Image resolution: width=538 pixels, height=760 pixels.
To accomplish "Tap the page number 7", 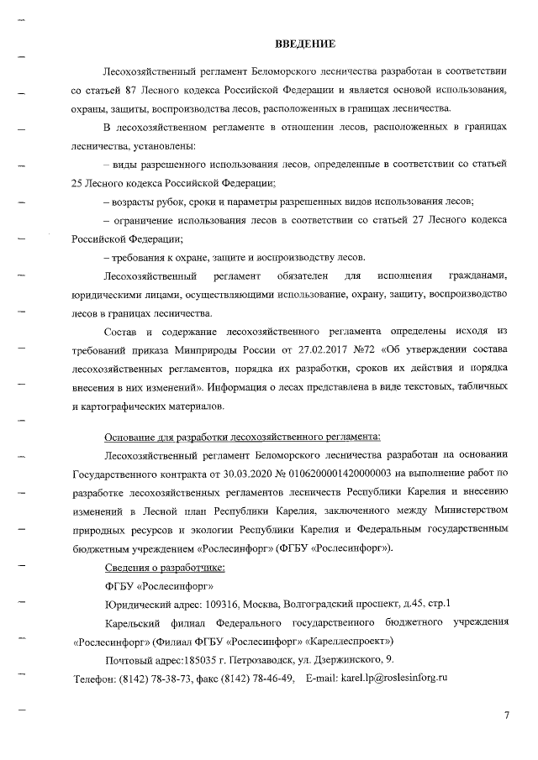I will pyautogui.click(x=506, y=715).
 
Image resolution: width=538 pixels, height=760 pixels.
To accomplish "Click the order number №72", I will pyautogui.click(x=373, y=351).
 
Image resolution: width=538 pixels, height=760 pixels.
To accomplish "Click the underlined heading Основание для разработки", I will pyautogui.click(x=242, y=437).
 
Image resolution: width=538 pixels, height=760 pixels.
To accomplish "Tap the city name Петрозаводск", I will pyautogui.click(x=249, y=660).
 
